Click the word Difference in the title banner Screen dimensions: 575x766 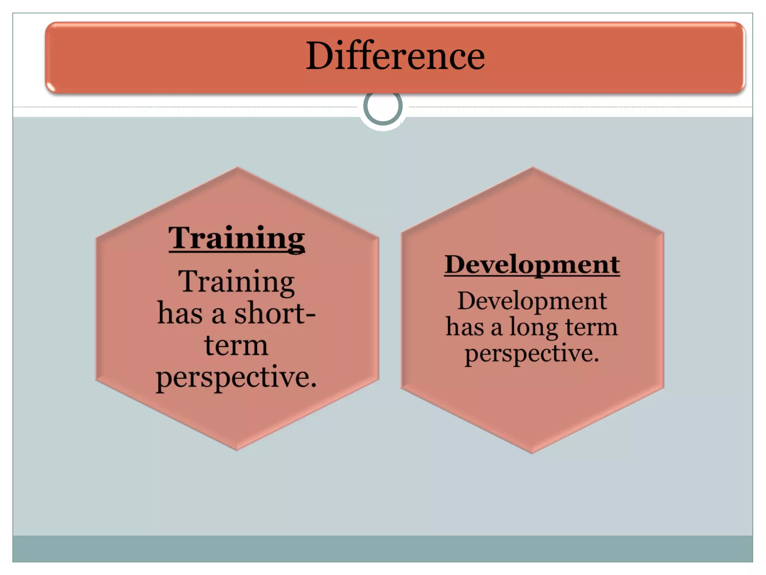coord(395,56)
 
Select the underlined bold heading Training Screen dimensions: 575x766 coord(236,238)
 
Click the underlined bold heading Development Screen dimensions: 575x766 coord(532,265)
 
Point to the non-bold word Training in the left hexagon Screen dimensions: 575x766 coord(236,282)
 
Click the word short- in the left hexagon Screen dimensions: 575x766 coord(275,313)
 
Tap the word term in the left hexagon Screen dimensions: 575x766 coord(236,345)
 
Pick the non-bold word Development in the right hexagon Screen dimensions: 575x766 coord(532,301)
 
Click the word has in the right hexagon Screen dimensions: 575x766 coord(465,327)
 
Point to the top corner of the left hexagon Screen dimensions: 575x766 coord(238,168)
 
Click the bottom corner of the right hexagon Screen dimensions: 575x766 coord(532,452)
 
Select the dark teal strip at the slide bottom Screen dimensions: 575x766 coord(383,548)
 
